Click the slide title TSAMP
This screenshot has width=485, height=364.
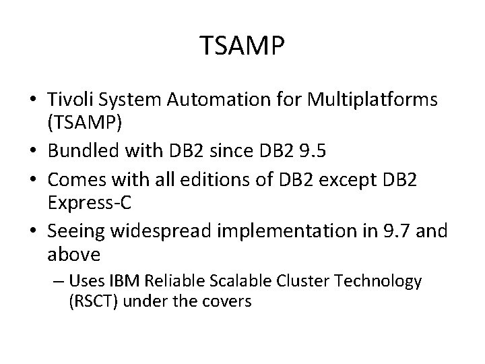(243, 47)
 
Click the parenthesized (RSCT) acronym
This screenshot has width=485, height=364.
(92, 301)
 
